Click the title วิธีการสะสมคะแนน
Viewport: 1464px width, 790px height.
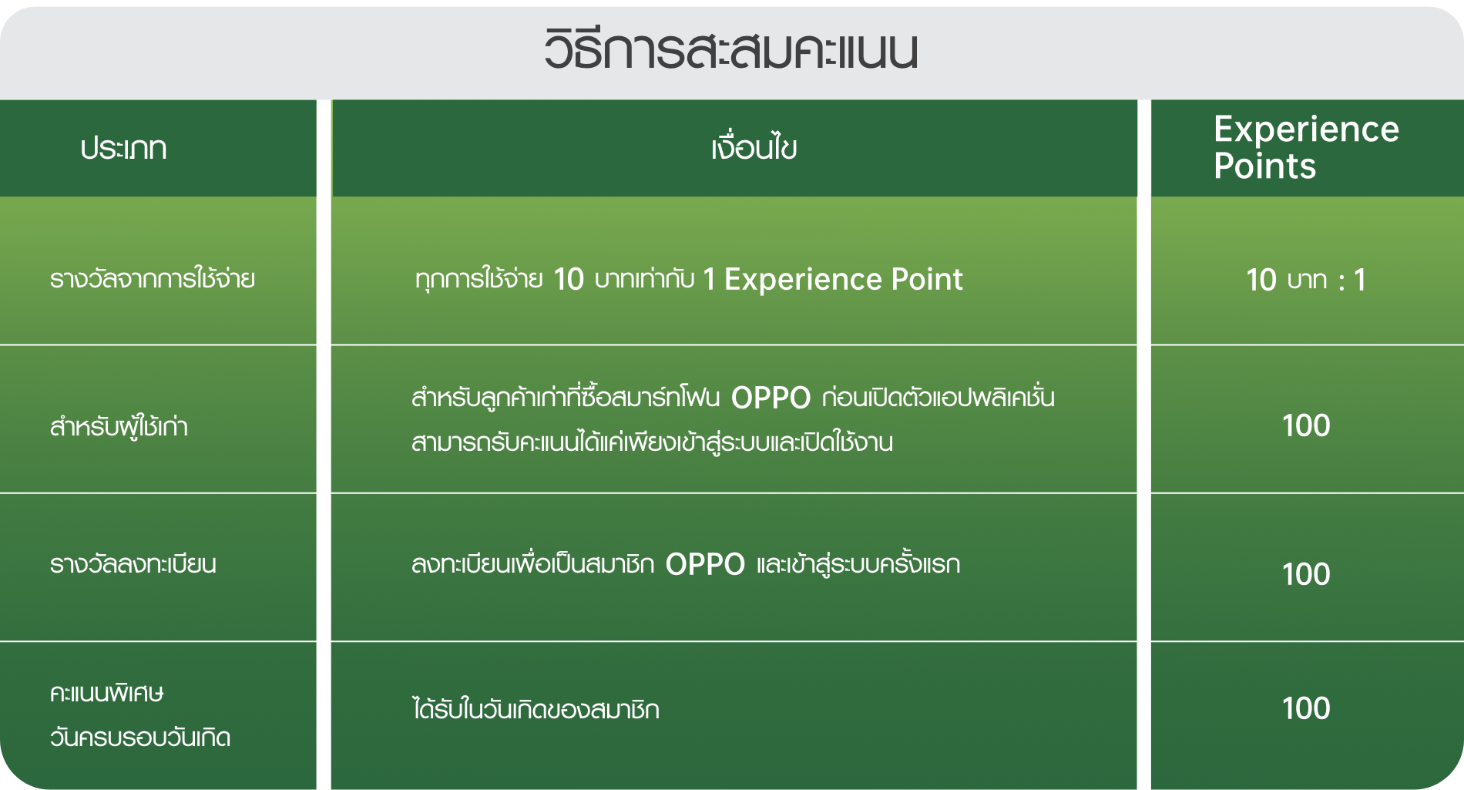point(730,51)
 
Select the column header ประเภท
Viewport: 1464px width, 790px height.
point(123,148)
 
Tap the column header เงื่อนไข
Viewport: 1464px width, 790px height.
point(754,148)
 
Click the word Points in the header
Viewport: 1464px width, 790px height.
point(1264,166)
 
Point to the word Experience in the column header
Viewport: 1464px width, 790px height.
point(1306,129)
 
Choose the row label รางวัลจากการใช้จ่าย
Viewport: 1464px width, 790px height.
point(152,279)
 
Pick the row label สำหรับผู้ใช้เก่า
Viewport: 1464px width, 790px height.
point(119,426)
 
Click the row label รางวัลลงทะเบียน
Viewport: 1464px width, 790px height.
point(133,565)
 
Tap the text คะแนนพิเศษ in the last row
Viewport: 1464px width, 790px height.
point(106,694)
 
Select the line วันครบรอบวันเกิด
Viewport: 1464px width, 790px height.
point(139,738)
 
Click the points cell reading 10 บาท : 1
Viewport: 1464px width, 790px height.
point(1306,280)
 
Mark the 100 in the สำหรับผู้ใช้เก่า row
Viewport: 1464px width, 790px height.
point(1306,425)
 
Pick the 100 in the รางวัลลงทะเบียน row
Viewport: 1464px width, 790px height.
point(1306,574)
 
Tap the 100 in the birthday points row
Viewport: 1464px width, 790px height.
point(1306,708)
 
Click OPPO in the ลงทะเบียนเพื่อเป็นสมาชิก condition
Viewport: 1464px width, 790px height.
point(705,565)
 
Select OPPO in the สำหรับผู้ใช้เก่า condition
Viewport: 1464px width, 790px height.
point(771,398)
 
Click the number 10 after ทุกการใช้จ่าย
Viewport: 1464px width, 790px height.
point(569,280)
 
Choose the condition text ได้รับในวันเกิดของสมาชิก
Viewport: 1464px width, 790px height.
point(536,709)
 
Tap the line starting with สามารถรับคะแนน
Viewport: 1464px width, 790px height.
point(652,443)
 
